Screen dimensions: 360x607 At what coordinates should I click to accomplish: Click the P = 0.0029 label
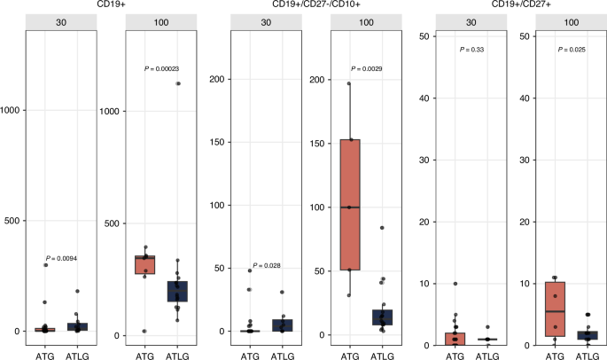click(x=365, y=68)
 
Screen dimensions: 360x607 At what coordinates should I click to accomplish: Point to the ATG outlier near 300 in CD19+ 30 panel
click(x=45, y=265)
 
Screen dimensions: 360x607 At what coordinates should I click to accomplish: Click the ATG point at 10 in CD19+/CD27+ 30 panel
click(x=455, y=284)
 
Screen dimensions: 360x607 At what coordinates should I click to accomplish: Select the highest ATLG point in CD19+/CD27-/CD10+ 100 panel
click(x=382, y=228)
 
